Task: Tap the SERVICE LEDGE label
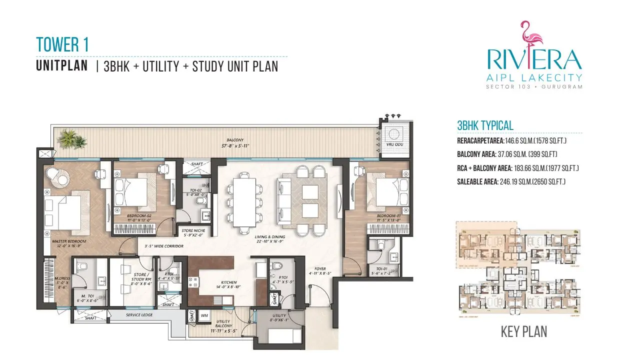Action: pyautogui.click(x=139, y=315)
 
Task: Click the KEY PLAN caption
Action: pyautogui.click(x=523, y=331)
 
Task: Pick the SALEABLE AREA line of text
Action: pyautogui.click(x=511, y=182)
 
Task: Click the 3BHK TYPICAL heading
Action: pyautogui.click(x=485, y=126)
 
